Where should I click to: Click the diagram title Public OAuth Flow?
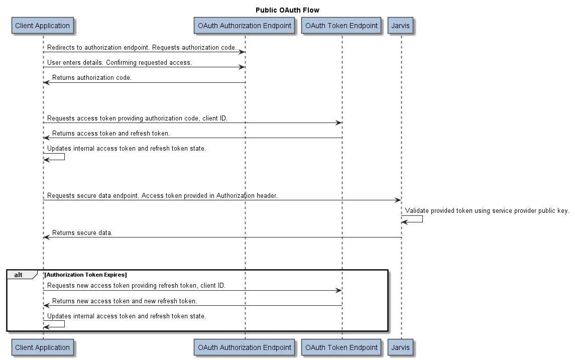[287, 10]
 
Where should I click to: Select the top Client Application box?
[43, 26]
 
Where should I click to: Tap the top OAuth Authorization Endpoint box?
[245, 26]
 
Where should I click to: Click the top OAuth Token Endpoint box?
[341, 26]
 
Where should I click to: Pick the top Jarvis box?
[401, 26]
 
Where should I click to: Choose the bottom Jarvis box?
[401, 347]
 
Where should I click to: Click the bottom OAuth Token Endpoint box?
[341, 347]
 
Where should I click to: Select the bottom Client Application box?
[43, 347]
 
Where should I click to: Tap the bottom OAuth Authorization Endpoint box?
[245, 347]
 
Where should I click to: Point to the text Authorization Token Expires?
[85, 275]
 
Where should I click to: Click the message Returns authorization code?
[92, 78]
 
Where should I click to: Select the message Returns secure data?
[82, 233]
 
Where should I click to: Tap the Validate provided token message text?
[487, 211]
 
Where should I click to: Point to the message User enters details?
[120, 63]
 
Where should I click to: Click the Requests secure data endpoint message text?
[162, 196]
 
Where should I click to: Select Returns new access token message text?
[125, 301]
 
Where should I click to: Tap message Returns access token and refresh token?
[111, 134]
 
